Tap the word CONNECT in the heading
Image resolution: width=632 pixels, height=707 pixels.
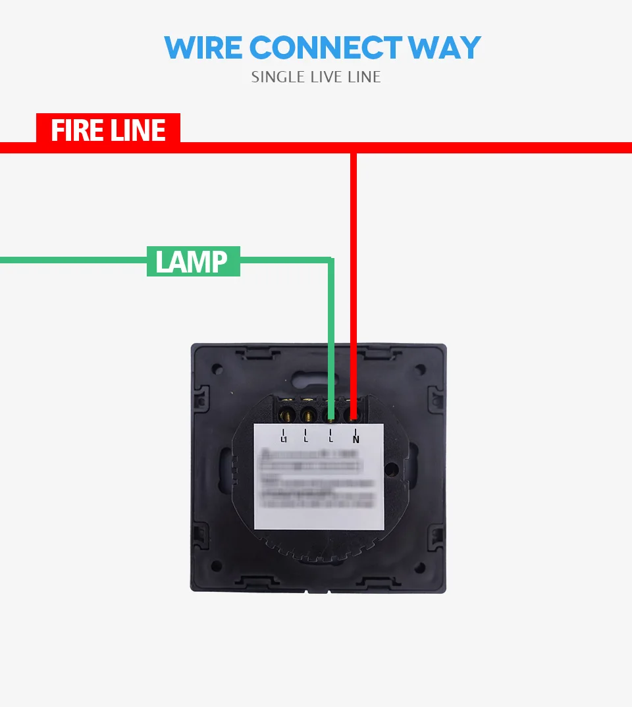point(326,47)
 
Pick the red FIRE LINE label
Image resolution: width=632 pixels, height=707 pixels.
point(108,130)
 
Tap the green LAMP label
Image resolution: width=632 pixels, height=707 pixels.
point(192,261)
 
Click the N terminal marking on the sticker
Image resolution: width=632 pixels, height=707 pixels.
point(356,436)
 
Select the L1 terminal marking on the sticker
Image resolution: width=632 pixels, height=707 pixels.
point(284,436)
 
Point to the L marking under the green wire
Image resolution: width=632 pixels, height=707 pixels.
point(331,436)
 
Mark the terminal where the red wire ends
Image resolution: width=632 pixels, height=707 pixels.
point(354,415)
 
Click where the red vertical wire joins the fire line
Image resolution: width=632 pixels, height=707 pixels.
point(354,148)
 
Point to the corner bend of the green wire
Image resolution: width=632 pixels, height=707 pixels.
point(330,261)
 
